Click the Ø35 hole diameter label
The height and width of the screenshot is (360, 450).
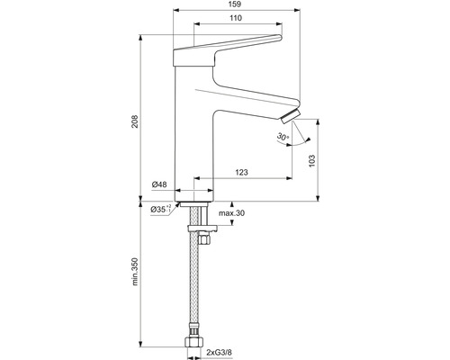pyautogui.click(x=163, y=210)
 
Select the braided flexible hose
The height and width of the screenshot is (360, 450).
pyautogui.click(x=194, y=288)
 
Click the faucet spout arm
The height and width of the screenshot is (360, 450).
pyautogui.click(x=252, y=96)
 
